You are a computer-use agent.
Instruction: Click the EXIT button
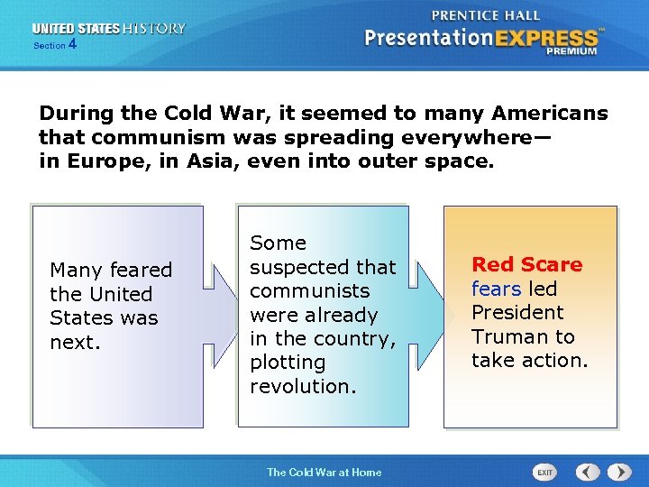coord(544,472)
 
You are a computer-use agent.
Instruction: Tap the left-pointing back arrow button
coord(588,472)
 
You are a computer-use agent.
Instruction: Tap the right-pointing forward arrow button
coord(619,472)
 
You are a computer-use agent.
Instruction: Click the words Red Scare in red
coord(526,265)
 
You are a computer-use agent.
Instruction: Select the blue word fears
coord(496,289)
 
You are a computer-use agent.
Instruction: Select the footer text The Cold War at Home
coord(324,472)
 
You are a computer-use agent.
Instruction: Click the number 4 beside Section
coord(72,43)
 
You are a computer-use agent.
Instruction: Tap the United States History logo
coord(109,29)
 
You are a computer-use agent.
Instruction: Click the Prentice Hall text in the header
coord(486,15)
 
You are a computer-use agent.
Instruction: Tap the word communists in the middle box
coord(309,290)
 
